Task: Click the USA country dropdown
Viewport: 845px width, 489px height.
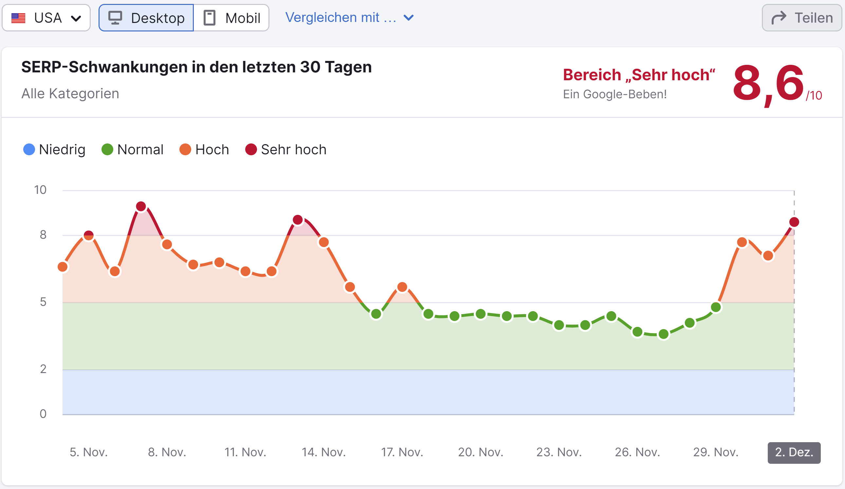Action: [46, 18]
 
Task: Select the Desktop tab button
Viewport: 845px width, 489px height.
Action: [146, 18]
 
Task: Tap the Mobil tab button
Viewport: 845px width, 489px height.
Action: [231, 18]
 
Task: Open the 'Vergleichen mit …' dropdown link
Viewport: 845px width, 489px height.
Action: [349, 17]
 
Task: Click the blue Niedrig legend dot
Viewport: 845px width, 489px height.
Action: [29, 150]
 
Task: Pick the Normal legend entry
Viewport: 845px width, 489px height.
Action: [133, 150]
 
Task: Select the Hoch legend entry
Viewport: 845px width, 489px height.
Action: [204, 150]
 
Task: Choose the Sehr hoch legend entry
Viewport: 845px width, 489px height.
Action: [286, 150]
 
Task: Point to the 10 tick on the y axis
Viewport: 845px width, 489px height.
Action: [40, 190]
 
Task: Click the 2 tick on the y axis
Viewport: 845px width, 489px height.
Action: [43, 369]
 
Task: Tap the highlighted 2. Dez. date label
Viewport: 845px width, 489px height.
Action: [794, 452]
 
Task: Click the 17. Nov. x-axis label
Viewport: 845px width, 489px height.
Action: [402, 452]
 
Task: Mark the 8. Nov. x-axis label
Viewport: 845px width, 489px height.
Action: [167, 452]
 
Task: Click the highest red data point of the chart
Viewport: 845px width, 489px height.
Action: [141, 207]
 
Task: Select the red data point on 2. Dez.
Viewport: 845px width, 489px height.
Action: [794, 222]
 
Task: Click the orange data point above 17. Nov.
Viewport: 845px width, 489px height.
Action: [402, 287]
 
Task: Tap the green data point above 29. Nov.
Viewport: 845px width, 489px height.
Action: [716, 307]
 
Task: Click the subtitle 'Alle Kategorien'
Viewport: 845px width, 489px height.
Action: [70, 94]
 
